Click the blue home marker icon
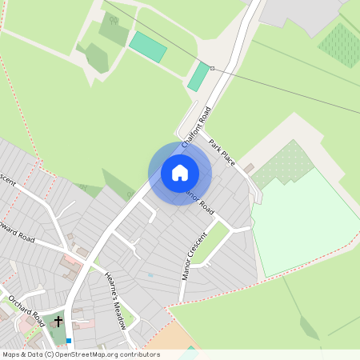(180, 173)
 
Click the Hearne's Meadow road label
(116, 301)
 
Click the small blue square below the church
(69, 341)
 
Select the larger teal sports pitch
(148, 47)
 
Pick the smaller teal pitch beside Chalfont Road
(198, 77)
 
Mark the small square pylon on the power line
(213, 68)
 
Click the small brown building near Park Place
(249, 167)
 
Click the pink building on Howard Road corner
(72, 260)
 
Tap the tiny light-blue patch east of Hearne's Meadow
(150, 275)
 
